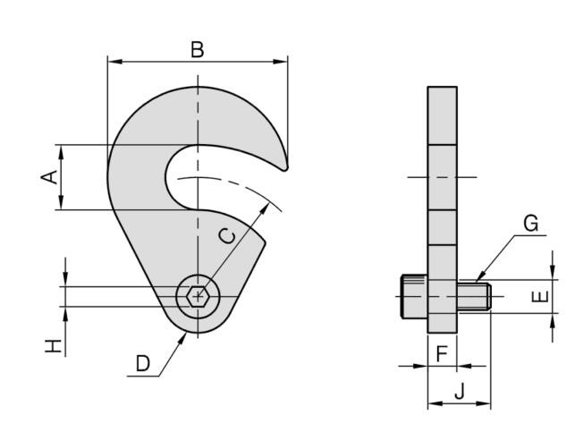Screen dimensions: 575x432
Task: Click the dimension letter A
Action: (49, 177)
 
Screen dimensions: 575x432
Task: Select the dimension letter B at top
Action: (198, 50)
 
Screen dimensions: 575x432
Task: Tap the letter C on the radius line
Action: (227, 236)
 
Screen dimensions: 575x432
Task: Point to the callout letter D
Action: (143, 364)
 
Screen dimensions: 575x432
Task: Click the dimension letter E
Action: (540, 296)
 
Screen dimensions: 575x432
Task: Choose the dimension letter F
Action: (442, 354)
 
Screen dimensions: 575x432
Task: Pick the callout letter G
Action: (531, 224)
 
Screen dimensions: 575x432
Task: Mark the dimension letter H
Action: (53, 346)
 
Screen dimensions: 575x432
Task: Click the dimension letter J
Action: (460, 391)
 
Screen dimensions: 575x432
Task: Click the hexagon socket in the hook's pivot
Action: (198, 295)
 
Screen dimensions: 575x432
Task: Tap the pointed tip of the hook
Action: (285, 168)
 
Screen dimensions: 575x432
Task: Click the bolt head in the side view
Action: (414, 296)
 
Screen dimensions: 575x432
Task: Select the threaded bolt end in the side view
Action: (474, 296)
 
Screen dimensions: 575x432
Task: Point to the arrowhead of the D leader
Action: (182, 338)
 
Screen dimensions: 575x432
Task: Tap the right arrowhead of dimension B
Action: (281, 62)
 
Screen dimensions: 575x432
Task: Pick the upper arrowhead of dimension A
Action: (61, 152)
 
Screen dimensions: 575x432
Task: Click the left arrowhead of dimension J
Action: (435, 403)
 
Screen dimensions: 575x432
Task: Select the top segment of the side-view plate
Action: (443, 116)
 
